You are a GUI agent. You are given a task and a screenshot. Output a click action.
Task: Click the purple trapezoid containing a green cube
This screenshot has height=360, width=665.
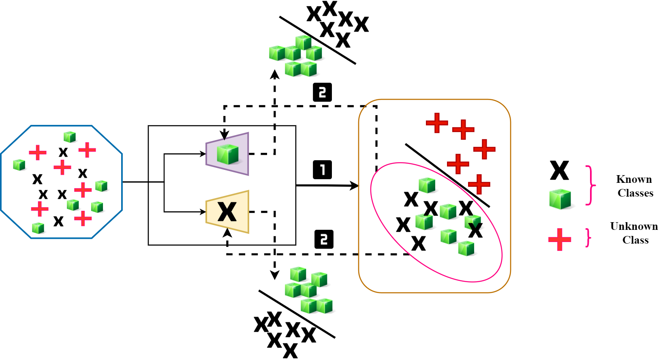[228, 154]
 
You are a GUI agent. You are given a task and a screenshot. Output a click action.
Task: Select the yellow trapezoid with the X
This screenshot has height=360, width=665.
[228, 212]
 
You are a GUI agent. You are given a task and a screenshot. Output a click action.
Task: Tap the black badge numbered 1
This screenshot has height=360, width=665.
[322, 169]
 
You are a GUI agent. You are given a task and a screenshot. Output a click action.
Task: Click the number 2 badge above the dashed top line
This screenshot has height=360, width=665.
[322, 92]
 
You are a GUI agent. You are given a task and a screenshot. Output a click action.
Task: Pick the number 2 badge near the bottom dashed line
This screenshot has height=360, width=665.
[324, 239]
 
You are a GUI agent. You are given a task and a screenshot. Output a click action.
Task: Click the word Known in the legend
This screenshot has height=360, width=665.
[634, 179]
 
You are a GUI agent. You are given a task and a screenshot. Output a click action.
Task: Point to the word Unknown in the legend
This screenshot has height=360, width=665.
[634, 226]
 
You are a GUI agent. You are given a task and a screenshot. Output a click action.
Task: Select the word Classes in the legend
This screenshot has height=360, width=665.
[635, 193]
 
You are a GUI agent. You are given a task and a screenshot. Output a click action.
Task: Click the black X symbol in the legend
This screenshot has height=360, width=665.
[560, 170]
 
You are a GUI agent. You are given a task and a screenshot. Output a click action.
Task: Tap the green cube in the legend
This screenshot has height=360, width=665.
[560, 199]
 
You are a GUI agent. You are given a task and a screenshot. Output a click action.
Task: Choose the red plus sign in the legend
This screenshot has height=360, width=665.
[560, 239]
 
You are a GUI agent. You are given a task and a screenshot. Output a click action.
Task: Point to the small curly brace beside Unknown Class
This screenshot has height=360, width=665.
[588, 238]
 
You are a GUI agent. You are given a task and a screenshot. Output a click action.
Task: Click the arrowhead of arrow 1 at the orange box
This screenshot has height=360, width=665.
[355, 186]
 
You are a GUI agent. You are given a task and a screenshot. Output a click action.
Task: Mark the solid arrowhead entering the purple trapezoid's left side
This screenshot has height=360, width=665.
[203, 154]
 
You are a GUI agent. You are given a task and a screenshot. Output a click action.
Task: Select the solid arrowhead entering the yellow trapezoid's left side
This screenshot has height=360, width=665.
[203, 212]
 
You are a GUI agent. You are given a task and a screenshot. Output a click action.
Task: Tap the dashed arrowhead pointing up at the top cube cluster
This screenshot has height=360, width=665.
[275, 73]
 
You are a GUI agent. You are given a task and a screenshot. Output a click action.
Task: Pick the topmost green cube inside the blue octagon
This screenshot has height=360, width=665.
[70, 137]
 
